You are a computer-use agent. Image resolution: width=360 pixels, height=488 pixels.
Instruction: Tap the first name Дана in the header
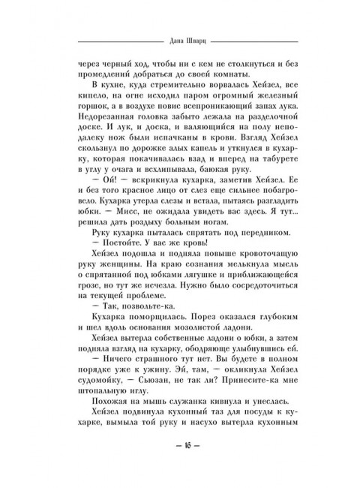(x=166, y=41)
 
